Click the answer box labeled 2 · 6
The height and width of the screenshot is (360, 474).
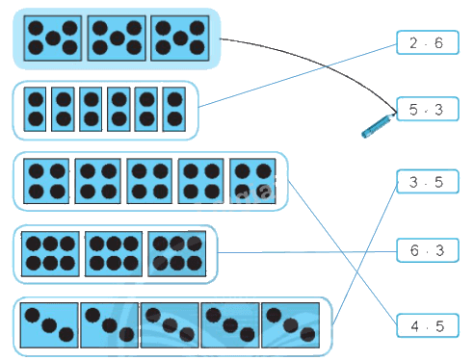click(428, 42)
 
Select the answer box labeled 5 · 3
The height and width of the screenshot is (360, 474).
click(428, 109)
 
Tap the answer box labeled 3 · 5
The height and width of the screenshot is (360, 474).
click(428, 182)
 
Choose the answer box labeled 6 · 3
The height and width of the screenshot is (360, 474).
click(428, 250)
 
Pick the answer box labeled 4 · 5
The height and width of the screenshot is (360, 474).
click(428, 325)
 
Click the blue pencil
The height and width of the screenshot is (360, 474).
click(379, 126)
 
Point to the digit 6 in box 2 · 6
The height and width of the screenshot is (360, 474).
click(438, 42)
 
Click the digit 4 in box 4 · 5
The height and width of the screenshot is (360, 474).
click(415, 326)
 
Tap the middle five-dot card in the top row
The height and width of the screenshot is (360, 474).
click(117, 39)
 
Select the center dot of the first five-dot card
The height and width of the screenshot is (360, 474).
click(53, 39)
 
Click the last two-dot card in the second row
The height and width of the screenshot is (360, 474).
click(174, 109)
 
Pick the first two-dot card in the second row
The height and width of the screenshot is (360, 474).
click(35, 109)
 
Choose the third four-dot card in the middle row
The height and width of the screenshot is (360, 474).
click(149, 181)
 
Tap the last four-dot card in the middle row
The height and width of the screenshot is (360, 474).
click(252, 181)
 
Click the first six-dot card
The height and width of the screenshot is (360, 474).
click(50, 254)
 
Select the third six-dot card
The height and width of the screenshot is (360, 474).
click(177, 254)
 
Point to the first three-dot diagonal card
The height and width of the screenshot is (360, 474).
click(49, 325)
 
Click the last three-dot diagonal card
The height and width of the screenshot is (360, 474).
click(291, 325)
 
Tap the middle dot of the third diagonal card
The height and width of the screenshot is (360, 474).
click(170, 325)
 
